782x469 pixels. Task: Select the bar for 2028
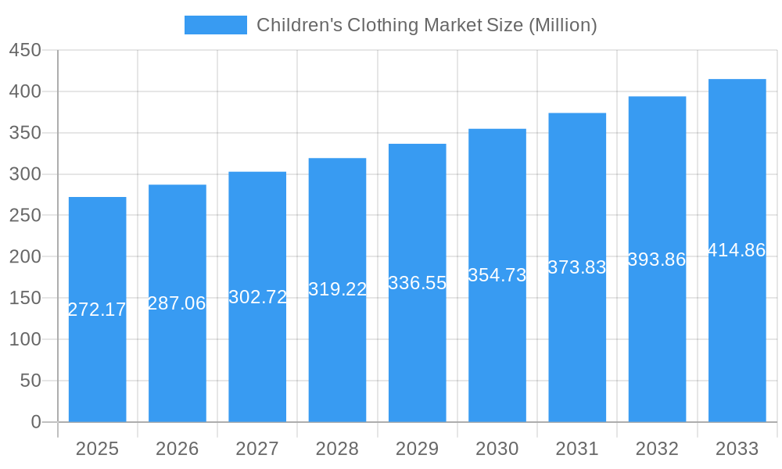pyautogui.click(x=337, y=352)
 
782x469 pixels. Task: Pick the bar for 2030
pyautogui.click(x=497, y=352)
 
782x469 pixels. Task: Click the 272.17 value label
pyautogui.click(x=98, y=310)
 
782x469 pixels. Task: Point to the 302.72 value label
pyautogui.click(x=257, y=297)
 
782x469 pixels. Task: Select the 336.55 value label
pyautogui.click(x=418, y=283)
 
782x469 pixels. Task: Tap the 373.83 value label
pyautogui.click(x=577, y=267)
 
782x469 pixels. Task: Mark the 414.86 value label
pyautogui.click(x=737, y=250)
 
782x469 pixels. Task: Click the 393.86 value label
pyautogui.click(x=657, y=260)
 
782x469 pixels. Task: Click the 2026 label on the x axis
pyautogui.click(x=178, y=449)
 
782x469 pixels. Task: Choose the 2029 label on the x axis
pyautogui.click(x=418, y=449)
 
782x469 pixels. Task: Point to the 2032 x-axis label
pyautogui.click(x=657, y=449)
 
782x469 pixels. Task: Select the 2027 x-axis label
pyautogui.click(x=257, y=449)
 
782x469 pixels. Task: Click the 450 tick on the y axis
pyautogui.click(x=25, y=50)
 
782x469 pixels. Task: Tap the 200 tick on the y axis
pyautogui.click(x=25, y=256)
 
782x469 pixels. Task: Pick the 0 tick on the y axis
pyautogui.click(x=36, y=422)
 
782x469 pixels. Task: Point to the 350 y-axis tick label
pyautogui.click(x=25, y=133)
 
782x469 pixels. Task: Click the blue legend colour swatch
pyautogui.click(x=216, y=25)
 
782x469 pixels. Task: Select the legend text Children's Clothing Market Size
pyautogui.click(x=426, y=25)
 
